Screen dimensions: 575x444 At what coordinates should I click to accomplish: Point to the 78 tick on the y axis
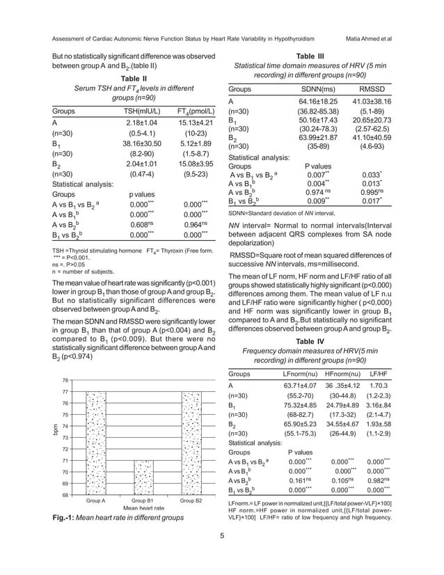65,380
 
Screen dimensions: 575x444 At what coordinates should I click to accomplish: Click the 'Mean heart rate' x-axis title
143,510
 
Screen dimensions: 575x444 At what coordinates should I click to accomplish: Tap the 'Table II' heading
133,79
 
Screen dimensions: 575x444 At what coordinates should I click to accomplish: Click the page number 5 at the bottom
221,556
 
